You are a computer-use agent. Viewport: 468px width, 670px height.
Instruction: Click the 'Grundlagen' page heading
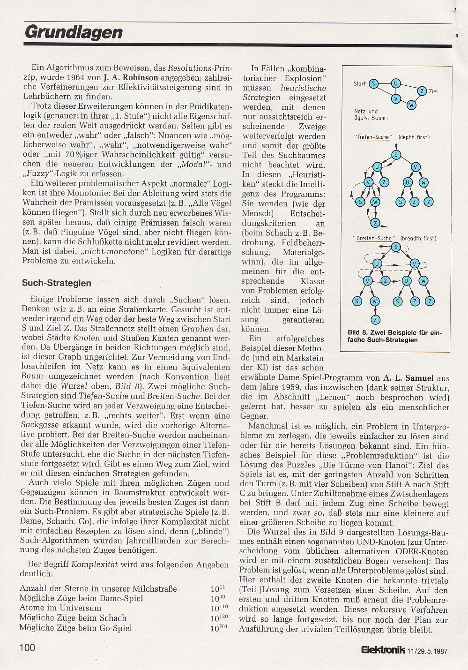point(74,32)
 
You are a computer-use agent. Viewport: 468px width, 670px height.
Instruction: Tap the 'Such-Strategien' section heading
point(56,283)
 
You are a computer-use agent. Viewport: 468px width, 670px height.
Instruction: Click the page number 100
point(27,647)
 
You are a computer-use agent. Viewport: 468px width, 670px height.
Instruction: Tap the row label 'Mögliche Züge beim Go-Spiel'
point(75,628)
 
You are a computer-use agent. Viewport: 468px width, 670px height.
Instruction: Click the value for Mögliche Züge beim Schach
point(219,617)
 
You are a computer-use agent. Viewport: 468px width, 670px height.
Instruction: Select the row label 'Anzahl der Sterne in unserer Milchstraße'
point(98,588)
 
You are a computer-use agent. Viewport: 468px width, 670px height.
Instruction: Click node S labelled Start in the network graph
point(373,84)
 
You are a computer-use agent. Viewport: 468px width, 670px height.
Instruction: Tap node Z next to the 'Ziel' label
point(422,90)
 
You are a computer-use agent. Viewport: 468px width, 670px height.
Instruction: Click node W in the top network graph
point(411,105)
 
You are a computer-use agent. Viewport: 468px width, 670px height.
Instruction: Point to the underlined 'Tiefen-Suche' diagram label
point(372,137)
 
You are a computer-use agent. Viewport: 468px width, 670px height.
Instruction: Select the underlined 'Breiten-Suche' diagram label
point(374,238)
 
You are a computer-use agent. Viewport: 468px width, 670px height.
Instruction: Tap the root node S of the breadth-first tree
point(396,247)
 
